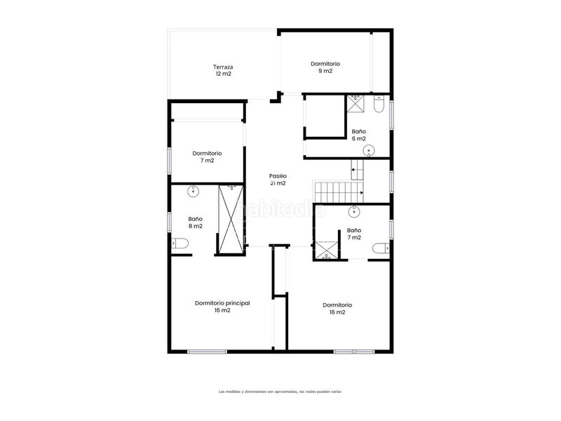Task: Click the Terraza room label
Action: tap(223, 71)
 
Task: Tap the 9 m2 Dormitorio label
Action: tap(325, 67)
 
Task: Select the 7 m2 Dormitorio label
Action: tap(207, 156)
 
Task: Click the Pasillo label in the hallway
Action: tap(278, 180)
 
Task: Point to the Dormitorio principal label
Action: tap(222, 307)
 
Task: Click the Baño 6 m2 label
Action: tap(358, 135)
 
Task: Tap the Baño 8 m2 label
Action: tap(196, 222)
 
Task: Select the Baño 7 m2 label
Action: tap(354, 234)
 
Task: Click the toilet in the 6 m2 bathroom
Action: tap(379, 104)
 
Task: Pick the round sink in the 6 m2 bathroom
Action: tap(369, 151)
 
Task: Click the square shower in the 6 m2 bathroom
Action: tap(356, 103)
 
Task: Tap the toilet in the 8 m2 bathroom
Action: tap(180, 243)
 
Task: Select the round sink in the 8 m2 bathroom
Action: tap(194, 191)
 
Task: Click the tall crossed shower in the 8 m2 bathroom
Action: tap(231, 219)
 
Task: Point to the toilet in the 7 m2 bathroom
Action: tap(381, 248)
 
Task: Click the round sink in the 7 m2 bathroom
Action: tap(354, 212)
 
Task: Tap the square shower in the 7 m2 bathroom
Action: tap(325, 250)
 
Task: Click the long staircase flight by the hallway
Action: tap(339, 192)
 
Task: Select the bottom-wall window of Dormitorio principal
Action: tap(208, 352)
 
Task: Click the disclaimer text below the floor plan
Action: tap(280, 392)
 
